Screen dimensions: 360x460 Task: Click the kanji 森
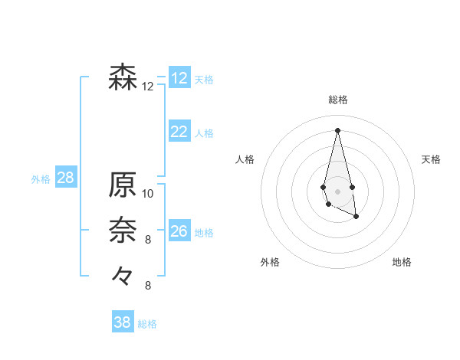coord(123,78)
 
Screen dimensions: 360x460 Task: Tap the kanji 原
coord(123,185)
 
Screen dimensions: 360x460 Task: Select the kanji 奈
coord(123,228)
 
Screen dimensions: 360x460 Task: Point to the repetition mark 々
coord(123,274)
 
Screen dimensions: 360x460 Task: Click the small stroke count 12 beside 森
coord(148,87)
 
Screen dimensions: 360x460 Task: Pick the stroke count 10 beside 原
coord(148,194)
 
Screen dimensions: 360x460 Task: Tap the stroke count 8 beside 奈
coord(148,240)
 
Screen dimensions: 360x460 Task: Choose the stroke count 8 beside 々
coord(148,286)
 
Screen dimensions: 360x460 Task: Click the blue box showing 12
coord(179,78)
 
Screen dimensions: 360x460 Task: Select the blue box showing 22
coord(179,132)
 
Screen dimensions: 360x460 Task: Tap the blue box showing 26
coord(179,231)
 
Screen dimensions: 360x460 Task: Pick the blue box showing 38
coord(123,322)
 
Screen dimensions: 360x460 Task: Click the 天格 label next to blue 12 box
coord(204,80)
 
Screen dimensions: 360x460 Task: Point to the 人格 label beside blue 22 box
coord(204,133)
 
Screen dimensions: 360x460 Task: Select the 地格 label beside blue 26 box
coord(204,233)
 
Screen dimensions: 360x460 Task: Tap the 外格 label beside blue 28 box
coord(41,180)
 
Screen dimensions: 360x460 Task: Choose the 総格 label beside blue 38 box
coord(147,324)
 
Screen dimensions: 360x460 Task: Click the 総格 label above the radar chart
coord(337,100)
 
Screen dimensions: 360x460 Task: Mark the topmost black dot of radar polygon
coord(337,129)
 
